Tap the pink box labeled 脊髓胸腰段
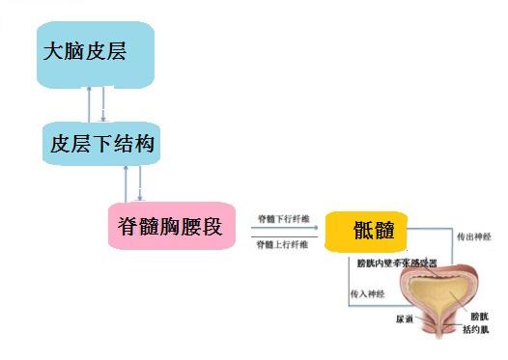(169, 230)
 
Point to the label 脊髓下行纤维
(282, 220)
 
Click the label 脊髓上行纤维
(282, 245)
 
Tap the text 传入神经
(366, 292)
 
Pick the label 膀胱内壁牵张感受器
(397, 262)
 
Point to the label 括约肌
(475, 329)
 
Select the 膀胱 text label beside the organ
(479, 316)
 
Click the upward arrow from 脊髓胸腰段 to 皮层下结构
(127, 183)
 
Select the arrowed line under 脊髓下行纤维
(282, 229)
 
